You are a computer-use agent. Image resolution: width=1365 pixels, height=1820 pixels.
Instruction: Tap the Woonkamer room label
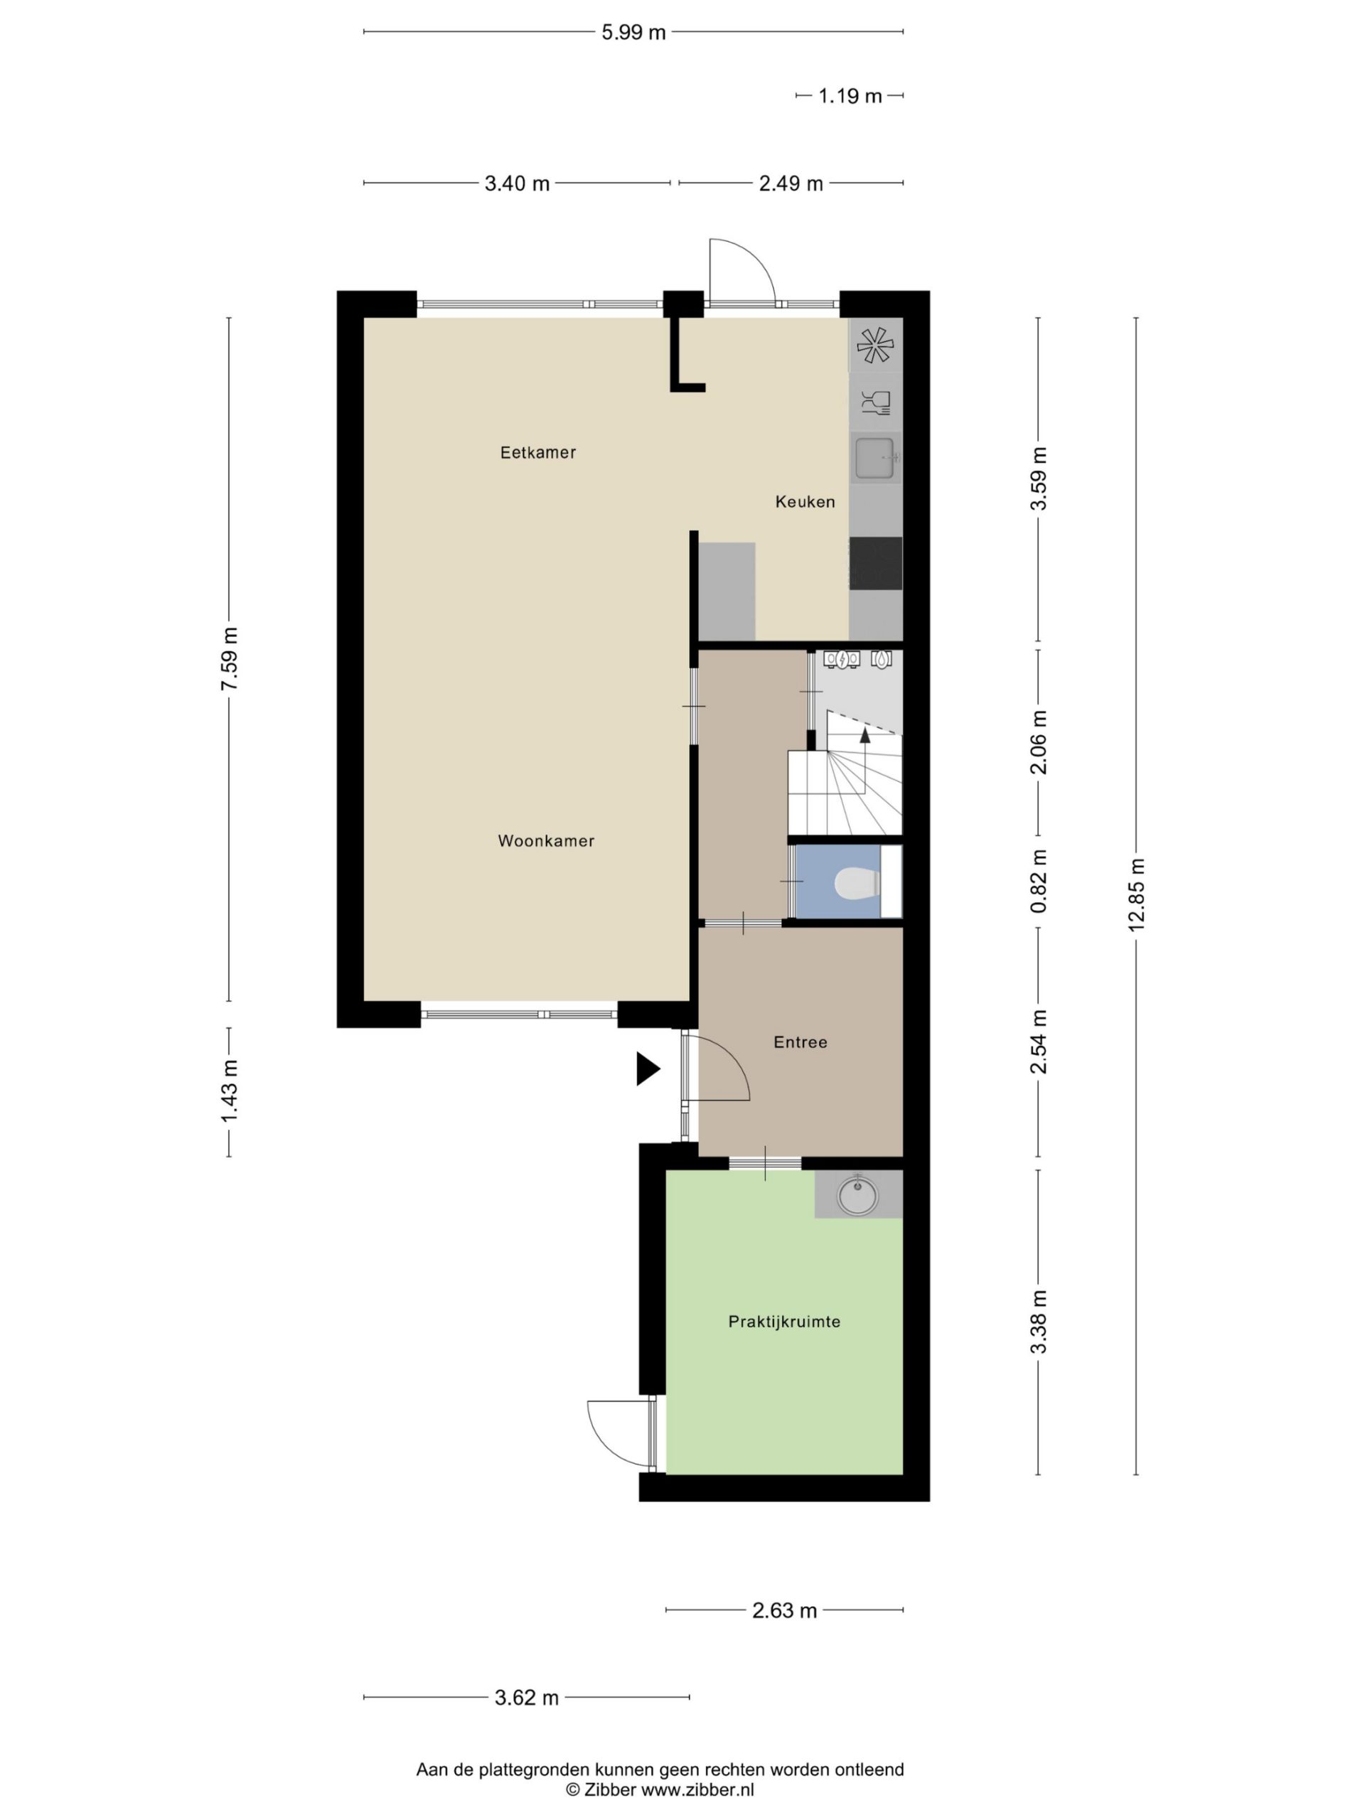point(546,841)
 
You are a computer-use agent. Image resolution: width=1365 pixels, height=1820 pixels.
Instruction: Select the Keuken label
point(805,502)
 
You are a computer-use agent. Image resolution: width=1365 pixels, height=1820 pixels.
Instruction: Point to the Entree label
point(801,1042)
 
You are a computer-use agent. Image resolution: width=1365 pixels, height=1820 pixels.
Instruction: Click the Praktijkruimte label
point(784,1322)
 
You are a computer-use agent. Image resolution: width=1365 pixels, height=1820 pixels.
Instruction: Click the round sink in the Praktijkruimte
point(858,1194)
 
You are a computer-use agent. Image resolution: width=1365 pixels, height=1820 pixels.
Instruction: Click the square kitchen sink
point(875,459)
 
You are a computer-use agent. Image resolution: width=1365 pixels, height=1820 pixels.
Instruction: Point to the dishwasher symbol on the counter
point(875,403)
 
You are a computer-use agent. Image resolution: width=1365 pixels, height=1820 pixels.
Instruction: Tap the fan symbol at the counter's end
point(874,346)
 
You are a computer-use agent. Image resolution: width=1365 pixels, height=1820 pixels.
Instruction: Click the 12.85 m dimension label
point(1136,895)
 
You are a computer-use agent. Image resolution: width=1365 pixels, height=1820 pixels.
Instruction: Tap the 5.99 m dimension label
point(633,33)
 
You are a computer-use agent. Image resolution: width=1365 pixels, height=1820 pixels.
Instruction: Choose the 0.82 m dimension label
point(1039,881)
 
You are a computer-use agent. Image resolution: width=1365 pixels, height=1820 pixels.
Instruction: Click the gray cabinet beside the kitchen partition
point(727,591)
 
